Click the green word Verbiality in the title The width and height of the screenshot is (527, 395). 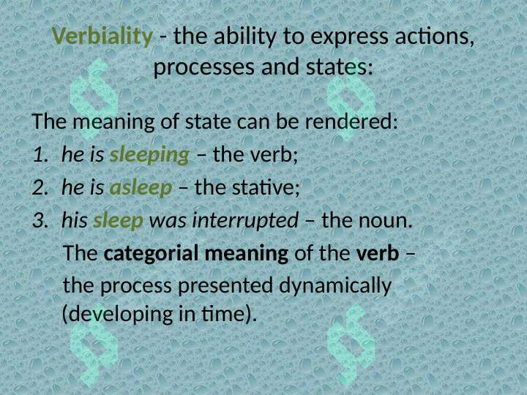click(x=102, y=37)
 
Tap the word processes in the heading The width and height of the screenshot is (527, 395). click(x=204, y=67)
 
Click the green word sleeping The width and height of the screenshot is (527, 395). click(x=149, y=155)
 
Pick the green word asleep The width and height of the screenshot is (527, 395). click(x=141, y=187)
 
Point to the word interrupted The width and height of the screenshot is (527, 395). click(x=245, y=220)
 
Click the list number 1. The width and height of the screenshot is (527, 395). click(x=41, y=154)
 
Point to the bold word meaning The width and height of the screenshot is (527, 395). click(x=247, y=254)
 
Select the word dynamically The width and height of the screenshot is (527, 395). click(x=335, y=286)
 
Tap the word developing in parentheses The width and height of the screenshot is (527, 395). click(x=123, y=314)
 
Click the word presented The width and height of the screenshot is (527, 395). click(x=225, y=286)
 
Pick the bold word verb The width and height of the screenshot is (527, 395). click(x=378, y=253)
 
